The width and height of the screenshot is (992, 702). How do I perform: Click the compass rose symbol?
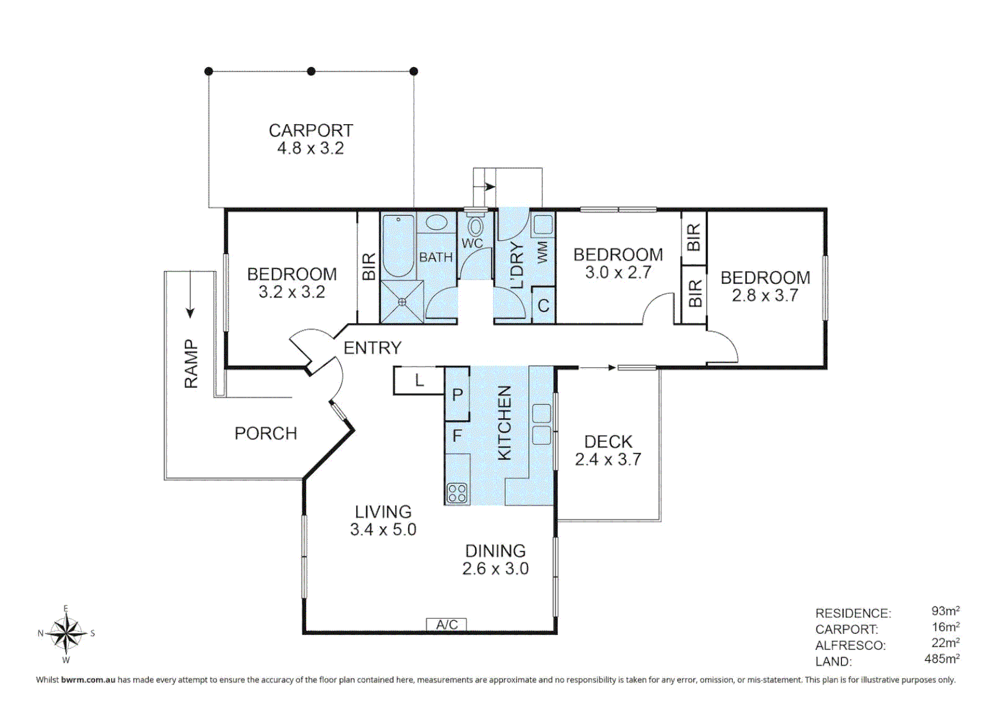pos(66,633)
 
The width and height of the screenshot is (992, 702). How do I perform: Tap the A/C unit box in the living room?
pos(446,625)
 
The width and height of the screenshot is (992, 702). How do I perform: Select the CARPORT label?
pos(311,131)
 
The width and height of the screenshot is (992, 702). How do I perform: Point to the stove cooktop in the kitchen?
pos(457,493)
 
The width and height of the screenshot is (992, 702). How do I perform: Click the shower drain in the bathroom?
pos(402,302)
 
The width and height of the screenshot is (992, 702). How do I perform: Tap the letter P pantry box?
pos(457,394)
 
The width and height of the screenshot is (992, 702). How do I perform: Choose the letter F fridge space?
pos(457,436)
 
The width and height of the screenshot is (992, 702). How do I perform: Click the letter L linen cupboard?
pos(419,380)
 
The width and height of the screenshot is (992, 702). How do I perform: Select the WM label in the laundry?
pos(543,253)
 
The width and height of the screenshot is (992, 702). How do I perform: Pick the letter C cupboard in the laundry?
pos(543,305)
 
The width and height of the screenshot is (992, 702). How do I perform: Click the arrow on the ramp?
pos(190,294)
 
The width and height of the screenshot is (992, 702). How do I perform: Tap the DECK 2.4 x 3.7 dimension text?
pos(608,450)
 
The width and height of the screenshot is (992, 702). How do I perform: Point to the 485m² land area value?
pos(941,658)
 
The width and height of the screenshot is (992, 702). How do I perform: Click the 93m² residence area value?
pos(945,611)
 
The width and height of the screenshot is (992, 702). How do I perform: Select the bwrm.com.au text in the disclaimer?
pos(88,680)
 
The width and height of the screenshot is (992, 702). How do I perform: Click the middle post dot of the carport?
pos(311,71)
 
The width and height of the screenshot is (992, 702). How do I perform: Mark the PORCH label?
pos(266,434)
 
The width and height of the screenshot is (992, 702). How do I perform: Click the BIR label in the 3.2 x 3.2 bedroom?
pos(369,266)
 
